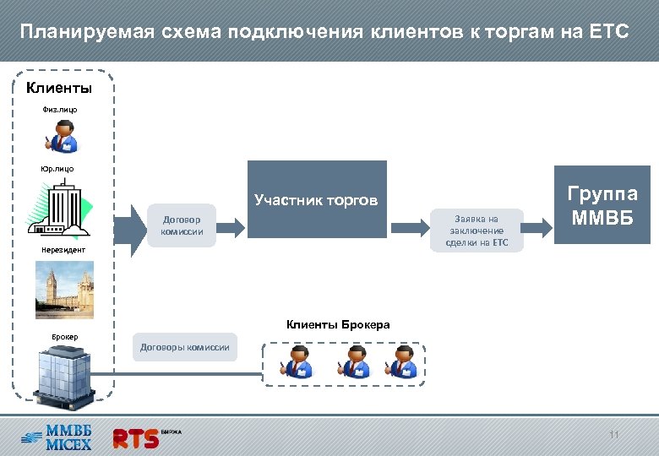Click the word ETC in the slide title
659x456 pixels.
click(609, 32)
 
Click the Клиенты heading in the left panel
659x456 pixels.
click(59, 88)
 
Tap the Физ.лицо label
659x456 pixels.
click(59, 109)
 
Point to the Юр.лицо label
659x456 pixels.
click(57, 169)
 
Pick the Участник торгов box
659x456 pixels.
click(317, 199)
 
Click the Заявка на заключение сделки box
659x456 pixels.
click(477, 231)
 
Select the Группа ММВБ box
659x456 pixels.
click(604, 207)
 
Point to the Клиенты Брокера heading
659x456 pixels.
click(338, 324)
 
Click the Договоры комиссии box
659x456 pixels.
click(184, 347)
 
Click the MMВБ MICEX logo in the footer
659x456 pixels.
click(57, 437)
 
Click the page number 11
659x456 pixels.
click(614, 435)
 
